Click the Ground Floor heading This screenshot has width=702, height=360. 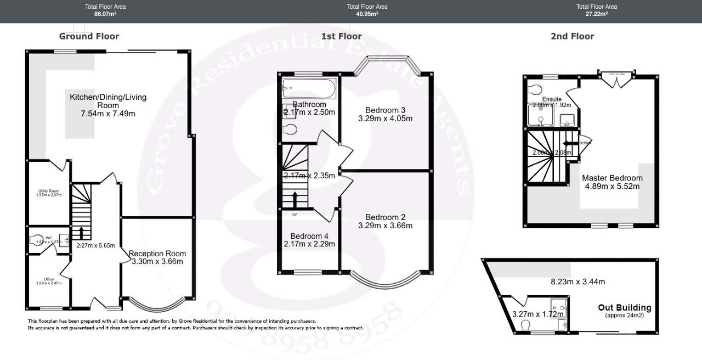coord(89,36)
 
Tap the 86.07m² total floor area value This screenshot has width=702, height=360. coord(105,14)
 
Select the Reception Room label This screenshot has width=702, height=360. coord(157,254)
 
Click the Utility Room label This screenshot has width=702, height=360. coord(48,190)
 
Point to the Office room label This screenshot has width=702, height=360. coord(49,279)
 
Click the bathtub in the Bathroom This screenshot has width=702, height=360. coord(309,87)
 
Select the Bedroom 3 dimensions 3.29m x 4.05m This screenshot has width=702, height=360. coord(385,118)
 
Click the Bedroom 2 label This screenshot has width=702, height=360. coord(385,217)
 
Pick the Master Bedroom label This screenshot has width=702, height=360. coord(612,178)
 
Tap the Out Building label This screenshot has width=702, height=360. coord(625,307)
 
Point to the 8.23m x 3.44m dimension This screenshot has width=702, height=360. coord(578,282)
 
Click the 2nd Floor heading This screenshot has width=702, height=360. coord(572,36)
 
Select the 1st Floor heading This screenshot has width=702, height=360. coord(341,36)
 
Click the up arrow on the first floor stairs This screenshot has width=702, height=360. coord(295,199)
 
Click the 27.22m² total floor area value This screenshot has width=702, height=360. coord(596,14)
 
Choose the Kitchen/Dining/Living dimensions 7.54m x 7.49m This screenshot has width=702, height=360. coord(108,114)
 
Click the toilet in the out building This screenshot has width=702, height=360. coord(523,324)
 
